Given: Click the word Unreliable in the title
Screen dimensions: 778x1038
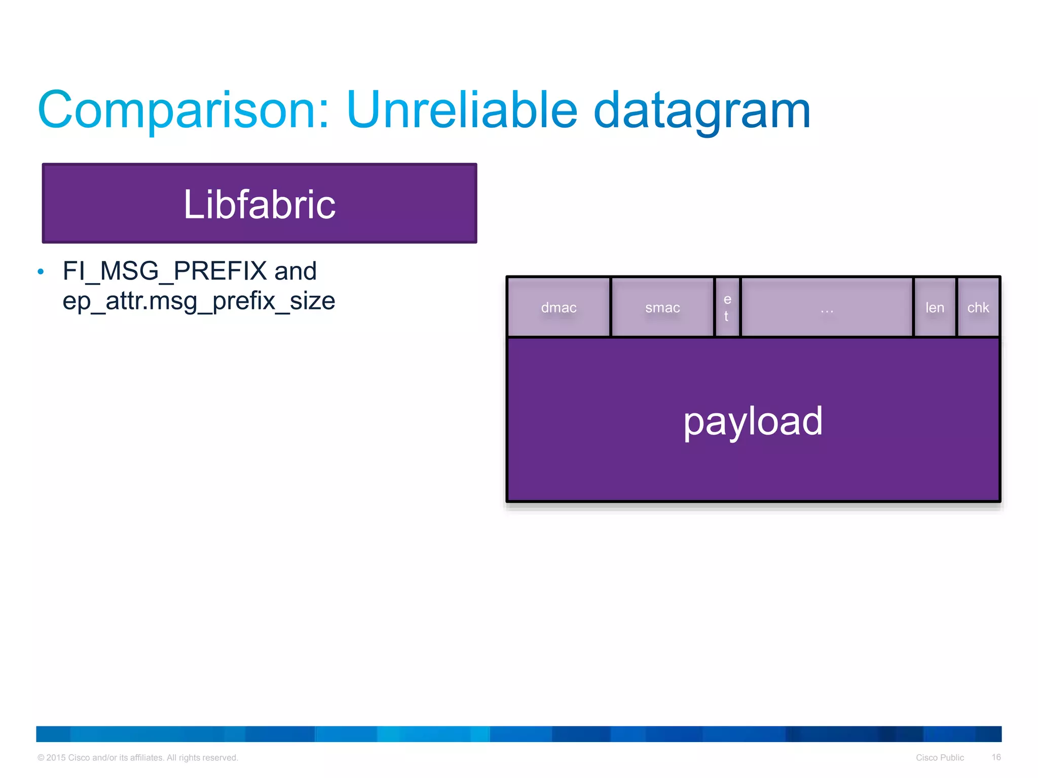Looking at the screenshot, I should pos(461,110).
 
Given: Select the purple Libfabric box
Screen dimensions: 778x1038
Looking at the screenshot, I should pos(259,204).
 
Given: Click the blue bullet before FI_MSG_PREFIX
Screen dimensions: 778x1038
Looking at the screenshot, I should pos(41,272).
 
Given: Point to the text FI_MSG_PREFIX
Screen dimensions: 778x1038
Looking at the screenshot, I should pos(164,271).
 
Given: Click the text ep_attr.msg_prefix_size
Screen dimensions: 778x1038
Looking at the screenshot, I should pos(199,301).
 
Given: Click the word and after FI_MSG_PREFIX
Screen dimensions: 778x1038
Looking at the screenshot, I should pos(295,271).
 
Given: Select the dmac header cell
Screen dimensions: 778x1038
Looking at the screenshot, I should pos(559,307).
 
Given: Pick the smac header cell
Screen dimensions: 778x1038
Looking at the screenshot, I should pos(662,307).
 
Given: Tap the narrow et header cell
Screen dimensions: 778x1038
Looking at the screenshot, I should pos(727,307).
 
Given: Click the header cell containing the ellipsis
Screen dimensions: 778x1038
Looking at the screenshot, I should pos(827,307).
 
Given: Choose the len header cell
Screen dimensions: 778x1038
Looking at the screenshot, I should pos(935,307).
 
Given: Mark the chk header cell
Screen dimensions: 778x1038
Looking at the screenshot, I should pos(978,307).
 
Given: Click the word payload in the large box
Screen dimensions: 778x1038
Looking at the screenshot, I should pos(753,421).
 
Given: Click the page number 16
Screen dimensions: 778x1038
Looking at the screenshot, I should pos(996,757).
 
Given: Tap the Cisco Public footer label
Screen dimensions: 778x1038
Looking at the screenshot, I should pos(940,758).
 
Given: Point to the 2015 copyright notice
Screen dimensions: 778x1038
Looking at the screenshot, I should pos(137,758).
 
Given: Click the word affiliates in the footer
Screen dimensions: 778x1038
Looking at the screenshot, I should pos(146,758).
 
